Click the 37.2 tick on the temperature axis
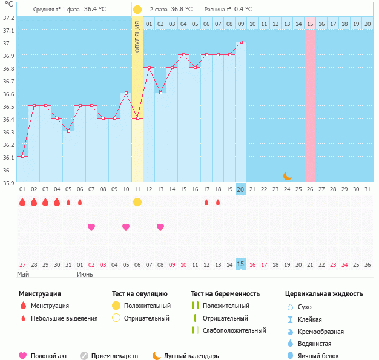click(8, 18)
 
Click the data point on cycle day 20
click(241, 42)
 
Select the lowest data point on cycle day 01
click(22, 156)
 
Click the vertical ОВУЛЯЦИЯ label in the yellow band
click(137, 37)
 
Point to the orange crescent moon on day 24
click(288, 176)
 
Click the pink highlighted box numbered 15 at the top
click(310, 24)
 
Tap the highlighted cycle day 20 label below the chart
click(240, 189)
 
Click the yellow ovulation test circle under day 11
click(137, 201)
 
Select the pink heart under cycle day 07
click(91, 227)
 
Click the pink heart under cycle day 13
click(160, 227)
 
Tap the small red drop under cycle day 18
click(218, 202)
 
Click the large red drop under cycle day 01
click(22, 202)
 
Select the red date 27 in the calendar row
click(22, 264)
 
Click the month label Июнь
click(85, 274)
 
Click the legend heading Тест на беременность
click(225, 293)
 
